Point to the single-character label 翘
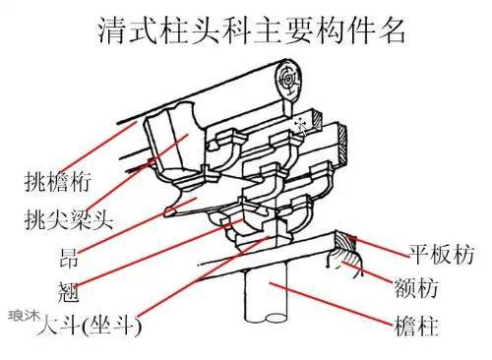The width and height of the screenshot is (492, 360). (68, 292)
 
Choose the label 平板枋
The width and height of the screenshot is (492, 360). (442, 255)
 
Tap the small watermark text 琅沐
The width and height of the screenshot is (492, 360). (21, 316)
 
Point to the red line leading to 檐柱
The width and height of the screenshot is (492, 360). (335, 303)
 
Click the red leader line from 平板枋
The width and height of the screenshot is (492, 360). (379, 246)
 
